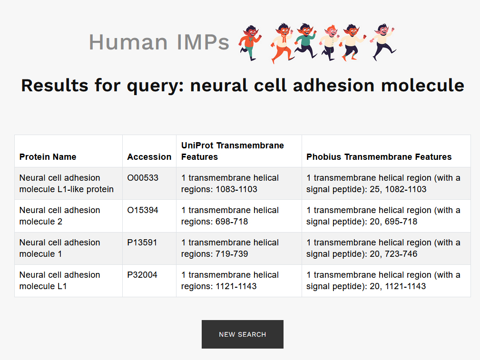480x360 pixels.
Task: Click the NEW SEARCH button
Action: pos(243,334)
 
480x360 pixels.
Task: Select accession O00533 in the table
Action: pos(143,178)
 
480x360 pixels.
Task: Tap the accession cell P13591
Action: pos(142,243)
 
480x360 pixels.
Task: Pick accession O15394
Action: pos(143,210)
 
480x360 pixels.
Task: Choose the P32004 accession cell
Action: pos(142,275)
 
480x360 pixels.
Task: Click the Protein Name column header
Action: pos(48,157)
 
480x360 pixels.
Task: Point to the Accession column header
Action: pos(149,157)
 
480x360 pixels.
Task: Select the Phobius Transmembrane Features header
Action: pos(379,157)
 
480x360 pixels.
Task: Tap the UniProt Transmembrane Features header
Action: pos(233,151)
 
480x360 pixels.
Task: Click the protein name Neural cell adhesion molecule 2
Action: pos(59,216)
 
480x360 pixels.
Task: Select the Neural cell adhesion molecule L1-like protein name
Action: pos(67,184)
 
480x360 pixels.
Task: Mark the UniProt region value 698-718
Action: pos(232,222)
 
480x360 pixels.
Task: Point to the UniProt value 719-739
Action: pos(232,254)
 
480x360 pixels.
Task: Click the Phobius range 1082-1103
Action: pos(406,189)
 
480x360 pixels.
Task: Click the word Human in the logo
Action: pos(128,42)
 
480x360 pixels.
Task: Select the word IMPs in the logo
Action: pos(203,42)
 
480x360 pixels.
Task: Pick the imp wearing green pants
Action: pos(250,43)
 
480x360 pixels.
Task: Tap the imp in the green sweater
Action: pos(305,40)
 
